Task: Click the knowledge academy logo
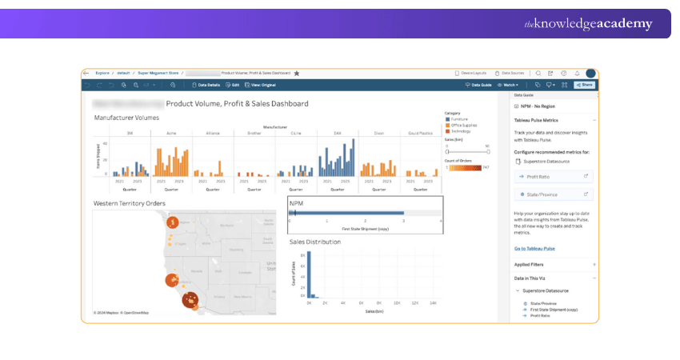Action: coord(588,24)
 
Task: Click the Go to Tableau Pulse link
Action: coord(534,249)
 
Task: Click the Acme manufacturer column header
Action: coord(170,133)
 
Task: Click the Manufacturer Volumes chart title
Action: coord(126,118)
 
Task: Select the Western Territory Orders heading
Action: coord(129,203)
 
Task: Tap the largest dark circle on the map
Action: coord(190,301)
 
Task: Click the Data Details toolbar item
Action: coord(206,84)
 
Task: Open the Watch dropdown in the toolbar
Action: coord(508,84)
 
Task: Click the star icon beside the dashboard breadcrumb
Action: coord(297,73)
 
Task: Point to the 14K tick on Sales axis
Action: coord(433,303)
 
